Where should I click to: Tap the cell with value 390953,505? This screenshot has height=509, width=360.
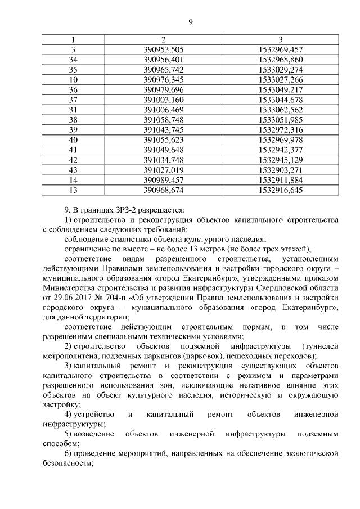pos(164,49)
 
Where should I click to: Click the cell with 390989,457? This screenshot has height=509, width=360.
pos(164,179)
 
